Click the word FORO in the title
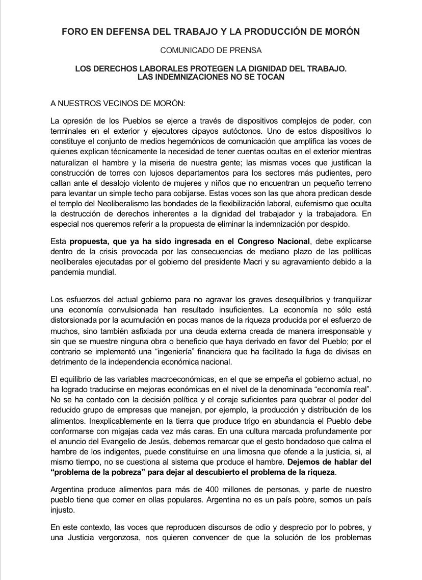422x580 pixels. click(x=73, y=32)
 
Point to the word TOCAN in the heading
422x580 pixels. click(x=269, y=77)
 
